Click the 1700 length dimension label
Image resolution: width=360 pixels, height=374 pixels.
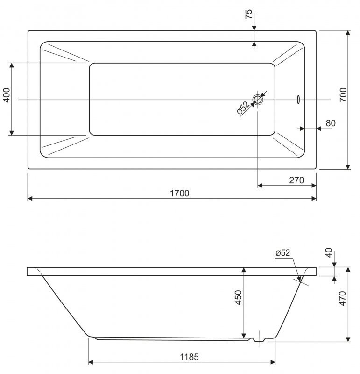pyautogui.click(x=179, y=193)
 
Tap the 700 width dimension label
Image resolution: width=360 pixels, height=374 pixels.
pyautogui.click(x=343, y=95)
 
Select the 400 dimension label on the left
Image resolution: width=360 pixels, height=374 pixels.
pyautogui.click(x=7, y=95)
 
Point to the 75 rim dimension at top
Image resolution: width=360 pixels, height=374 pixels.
pyautogui.click(x=248, y=14)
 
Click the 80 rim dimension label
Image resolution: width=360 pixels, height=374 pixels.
pyautogui.click(x=331, y=123)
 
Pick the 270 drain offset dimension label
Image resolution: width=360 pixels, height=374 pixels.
pyautogui.click(x=296, y=180)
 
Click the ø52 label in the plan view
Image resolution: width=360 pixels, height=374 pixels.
pyautogui.click(x=243, y=108)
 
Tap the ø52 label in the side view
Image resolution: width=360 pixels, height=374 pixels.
pyautogui.click(x=283, y=253)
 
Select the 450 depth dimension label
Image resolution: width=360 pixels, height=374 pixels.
pyautogui.click(x=238, y=297)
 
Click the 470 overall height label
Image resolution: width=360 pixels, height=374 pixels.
pyautogui.click(x=342, y=298)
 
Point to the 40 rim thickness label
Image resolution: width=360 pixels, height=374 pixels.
pyautogui.click(x=329, y=252)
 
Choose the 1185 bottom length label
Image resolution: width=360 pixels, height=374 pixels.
pyautogui.click(x=189, y=357)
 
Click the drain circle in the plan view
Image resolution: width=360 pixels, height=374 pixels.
pyautogui.click(x=258, y=100)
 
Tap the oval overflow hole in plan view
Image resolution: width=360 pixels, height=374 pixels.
pyautogui.click(x=298, y=100)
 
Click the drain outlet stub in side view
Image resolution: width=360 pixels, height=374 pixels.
pyautogui.click(x=259, y=340)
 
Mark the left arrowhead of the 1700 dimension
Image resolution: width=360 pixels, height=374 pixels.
pyautogui.click(x=30, y=198)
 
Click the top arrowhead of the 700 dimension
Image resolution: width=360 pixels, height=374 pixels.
pyautogui.click(x=348, y=33)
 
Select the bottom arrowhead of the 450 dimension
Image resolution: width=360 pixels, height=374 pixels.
pyautogui.click(x=244, y=336)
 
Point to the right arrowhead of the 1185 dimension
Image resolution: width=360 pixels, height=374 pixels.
pyautogui.click(x=273, y=362)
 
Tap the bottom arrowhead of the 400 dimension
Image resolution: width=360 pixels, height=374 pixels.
pyautogui.click(x=12, y=133)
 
